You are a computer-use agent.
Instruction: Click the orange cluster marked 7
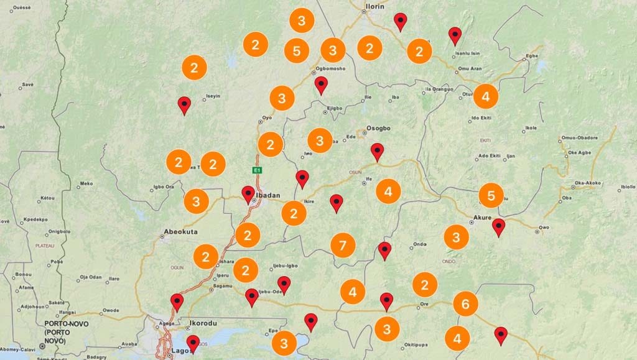[342, 244]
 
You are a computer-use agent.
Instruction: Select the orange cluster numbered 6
[465, 303]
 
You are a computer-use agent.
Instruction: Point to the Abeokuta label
[180, 233]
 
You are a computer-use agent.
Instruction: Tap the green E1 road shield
[256, 170]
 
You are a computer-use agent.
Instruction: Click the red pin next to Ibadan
[248, 194]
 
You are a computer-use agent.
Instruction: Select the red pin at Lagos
[193, 343]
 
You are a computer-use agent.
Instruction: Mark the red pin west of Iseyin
[184, 104]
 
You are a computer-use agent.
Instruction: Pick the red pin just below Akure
[498, 226]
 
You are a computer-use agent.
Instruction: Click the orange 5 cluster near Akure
[491, 196]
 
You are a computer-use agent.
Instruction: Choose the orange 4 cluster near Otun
[485, 96]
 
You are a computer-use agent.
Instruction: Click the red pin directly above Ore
[386, 301]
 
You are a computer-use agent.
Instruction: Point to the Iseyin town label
[213, 96]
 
